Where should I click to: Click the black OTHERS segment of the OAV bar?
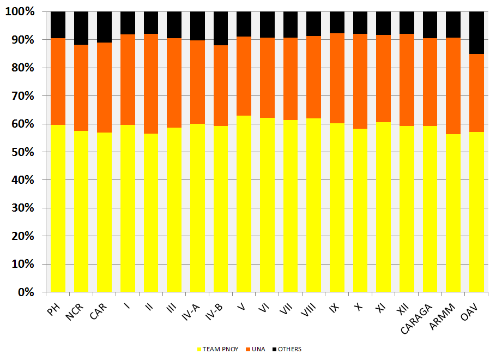pos(476,33)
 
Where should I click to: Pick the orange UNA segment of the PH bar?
pos(58,81)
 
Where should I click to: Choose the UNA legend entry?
pos(257,349)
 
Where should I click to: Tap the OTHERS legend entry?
pos(289,349)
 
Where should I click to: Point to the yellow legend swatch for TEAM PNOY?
pos(199,349)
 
